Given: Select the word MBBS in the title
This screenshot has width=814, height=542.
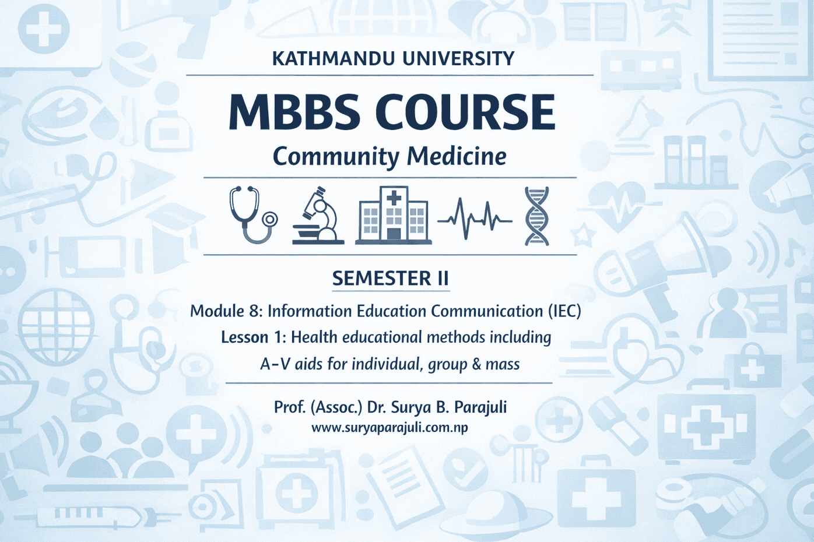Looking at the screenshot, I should (293, 112).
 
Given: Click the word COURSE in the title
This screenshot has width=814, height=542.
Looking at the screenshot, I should (465, 112).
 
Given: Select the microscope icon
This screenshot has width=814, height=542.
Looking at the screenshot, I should (318, 216).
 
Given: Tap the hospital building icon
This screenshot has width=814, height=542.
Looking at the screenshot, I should (394, 216).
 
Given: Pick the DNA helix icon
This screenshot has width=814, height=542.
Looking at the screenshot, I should (536, 216).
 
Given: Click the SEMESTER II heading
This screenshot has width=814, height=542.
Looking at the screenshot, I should (390, 279).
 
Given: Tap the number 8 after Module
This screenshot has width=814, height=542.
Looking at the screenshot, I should (255, 311).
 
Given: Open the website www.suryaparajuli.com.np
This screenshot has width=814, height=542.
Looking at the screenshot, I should (390, 428).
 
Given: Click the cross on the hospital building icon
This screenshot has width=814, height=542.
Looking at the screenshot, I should (394, 198).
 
